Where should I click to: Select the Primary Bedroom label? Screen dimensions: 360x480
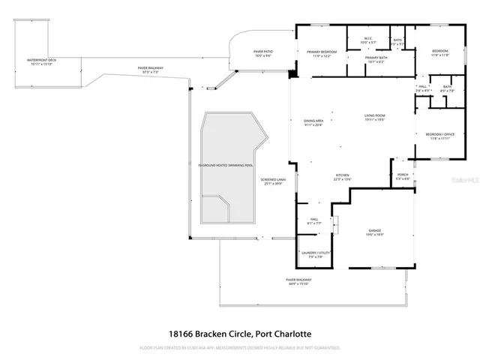point(322,53)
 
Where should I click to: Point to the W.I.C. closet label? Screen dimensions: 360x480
point(368,40)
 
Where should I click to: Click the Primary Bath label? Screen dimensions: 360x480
point(375,59)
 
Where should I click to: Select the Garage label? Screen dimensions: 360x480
point(374,232)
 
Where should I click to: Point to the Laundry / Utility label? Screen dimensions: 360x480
point(313,255)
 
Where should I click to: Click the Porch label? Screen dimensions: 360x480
point(403,177)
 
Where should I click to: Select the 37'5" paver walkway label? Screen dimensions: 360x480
point(151,70)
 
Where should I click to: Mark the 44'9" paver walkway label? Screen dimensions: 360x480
point(298,282)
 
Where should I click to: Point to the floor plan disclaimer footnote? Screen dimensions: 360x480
point(240,348)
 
